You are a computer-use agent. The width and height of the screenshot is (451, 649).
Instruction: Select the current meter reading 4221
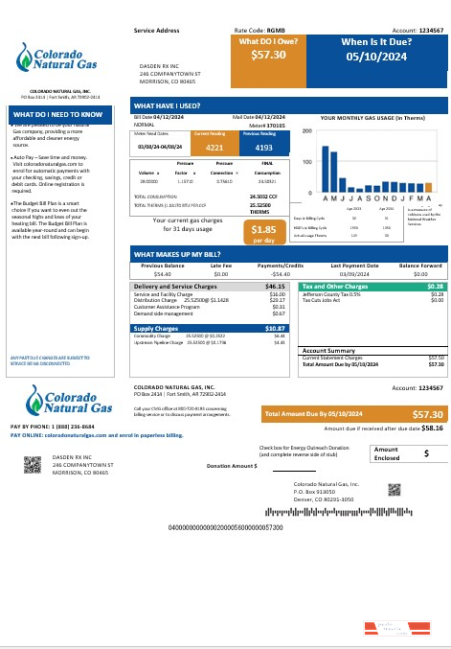pos(214,149)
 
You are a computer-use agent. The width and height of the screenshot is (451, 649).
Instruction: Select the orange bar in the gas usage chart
pos(428,187)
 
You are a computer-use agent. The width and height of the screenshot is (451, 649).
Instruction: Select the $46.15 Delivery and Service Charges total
pos(275,286)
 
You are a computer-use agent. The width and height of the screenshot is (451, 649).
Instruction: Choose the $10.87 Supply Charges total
pos(275,328)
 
